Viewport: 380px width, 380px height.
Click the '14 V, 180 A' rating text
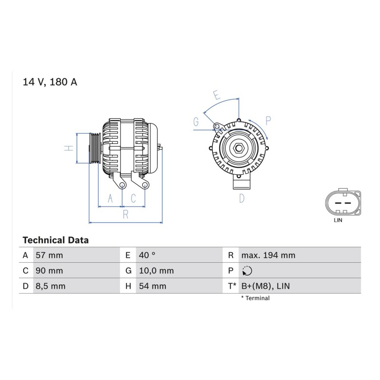[x=50, y=82]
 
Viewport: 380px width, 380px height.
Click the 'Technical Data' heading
[x=56, y=240]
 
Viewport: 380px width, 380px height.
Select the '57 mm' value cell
[x=49, y=255]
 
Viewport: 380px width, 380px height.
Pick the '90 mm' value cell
[x=49, y=271]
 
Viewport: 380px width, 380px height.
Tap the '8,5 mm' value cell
[x=51, y=286]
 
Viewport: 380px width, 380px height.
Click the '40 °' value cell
[x=147, y=255]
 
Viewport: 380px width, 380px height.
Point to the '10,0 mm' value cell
[x=156, y=271]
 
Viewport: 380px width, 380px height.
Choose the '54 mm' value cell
[x=152, y=286]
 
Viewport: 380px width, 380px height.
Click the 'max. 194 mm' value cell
[x=268, y=255]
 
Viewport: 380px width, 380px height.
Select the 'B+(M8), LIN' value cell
[x=266, y=286]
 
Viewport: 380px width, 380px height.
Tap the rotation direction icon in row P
[x=247, y=271]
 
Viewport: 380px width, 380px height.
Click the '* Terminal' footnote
[x=255, y=298]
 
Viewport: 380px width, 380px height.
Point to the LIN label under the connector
[x=338, y=220]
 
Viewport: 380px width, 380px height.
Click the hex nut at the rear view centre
[x=239, y=148]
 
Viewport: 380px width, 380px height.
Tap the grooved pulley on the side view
[x=95, y=148]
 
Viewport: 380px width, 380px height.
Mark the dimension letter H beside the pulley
[x=69, y=148]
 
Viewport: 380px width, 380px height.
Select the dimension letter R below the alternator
[x=125, y=215]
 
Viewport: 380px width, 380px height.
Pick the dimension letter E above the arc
[x=217, y=95]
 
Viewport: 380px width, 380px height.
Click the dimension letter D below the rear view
[x=242, y=199]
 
